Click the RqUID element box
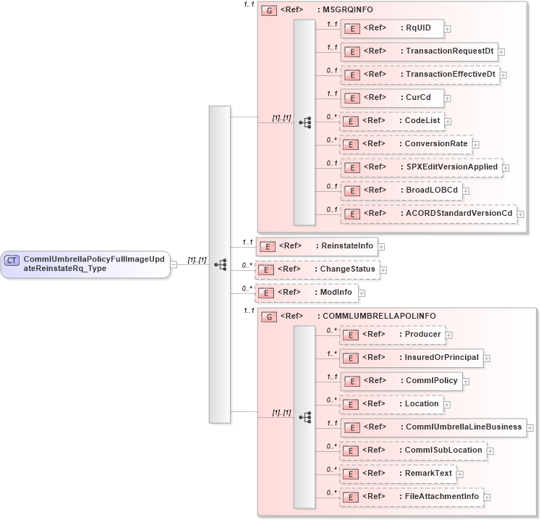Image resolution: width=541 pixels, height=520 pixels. [x=391, y=28]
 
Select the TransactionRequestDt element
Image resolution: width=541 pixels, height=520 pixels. [x=419, y=51]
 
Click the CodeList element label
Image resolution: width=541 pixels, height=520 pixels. [x=423, y=121]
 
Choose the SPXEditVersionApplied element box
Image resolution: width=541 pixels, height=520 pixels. [x=420, y=167]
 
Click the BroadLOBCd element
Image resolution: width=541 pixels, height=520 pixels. [x=401, y=190]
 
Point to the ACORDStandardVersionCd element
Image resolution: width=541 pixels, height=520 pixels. [x=427, y=214]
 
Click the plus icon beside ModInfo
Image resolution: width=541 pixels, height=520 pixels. [x=362, y=293]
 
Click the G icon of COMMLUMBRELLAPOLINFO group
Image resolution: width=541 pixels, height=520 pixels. [x=268, y=316]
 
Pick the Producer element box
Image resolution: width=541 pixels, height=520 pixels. [x=391, y=335]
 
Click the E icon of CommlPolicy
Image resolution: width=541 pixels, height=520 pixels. [x=350, y=381]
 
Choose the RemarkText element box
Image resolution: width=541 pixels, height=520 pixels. [x=397, y=474]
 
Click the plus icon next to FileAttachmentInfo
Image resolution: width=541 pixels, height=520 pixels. [x=487, y=498]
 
